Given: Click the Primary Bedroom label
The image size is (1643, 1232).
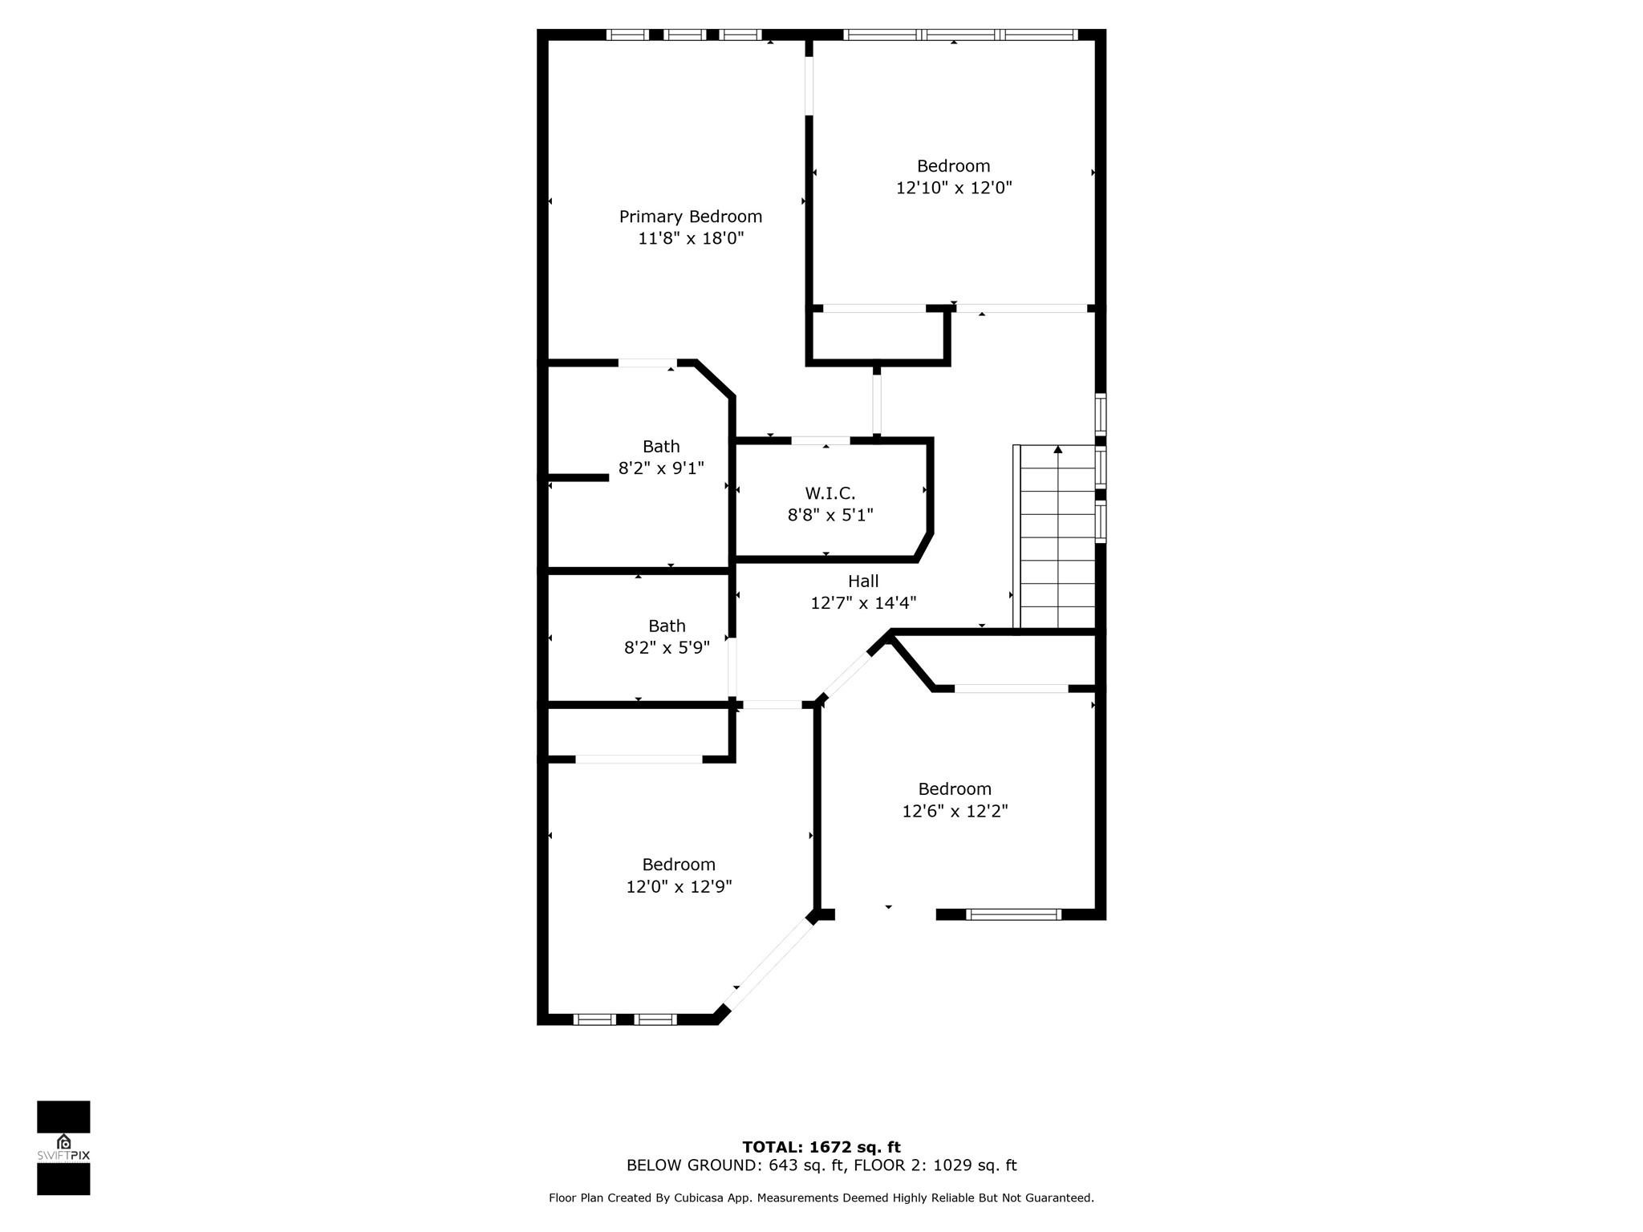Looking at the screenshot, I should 690,217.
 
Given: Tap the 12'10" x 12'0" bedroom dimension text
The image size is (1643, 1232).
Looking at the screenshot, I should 954,188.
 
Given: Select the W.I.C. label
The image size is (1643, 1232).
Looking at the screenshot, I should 830,493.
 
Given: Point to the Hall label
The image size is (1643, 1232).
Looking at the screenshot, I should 863,582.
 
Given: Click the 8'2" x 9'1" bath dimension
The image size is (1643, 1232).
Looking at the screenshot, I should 661,468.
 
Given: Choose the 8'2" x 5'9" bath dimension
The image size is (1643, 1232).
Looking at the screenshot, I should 667,647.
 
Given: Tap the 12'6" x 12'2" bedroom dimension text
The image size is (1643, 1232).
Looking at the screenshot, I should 955,811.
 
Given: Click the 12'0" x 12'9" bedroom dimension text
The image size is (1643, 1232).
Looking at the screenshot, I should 679,886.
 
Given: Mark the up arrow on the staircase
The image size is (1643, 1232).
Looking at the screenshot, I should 1057,451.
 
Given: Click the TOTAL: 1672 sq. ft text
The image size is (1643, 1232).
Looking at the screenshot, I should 821,1147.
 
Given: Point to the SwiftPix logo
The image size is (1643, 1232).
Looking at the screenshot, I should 63,1148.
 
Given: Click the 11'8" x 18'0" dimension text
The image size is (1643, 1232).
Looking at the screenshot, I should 691,238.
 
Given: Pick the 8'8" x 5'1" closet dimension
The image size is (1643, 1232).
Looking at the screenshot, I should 830,515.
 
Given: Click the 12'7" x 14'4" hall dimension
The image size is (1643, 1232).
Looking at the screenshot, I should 863,603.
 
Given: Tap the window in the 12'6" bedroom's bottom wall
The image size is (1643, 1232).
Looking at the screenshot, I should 1014,914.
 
